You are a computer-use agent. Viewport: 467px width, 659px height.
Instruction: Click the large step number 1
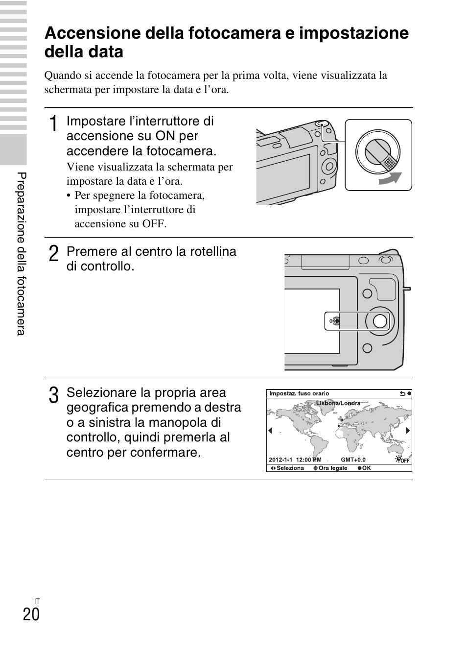pyautogui.click(x=54, y=124)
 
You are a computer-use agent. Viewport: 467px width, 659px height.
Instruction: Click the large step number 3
pyautogui.click(x=54, y=395)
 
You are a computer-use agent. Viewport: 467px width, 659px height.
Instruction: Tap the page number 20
pyautogui.click(x=31, y=613)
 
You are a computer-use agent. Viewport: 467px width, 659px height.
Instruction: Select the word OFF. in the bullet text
pyautogui.click(x=155, y=224)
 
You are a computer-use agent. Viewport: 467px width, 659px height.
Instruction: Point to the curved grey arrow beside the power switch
pyautogui.click(x=390, y=179)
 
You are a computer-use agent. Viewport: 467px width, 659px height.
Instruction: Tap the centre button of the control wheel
pyautogui.click(x=379, y=321)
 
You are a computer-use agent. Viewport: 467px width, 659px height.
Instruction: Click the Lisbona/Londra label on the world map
pyautogui.click(x=338, y=403)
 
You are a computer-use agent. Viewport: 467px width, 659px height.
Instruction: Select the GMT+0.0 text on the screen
pyautogui.click(x=353, y=460)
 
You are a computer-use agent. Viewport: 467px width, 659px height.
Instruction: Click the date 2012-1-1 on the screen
pyautogui.click(x=280, y=460)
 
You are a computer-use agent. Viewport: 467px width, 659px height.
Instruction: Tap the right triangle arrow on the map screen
pyautogui.click(x=407, y=431)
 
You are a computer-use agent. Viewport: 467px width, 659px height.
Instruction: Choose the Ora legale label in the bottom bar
pyautogui.click(x=332, y=468)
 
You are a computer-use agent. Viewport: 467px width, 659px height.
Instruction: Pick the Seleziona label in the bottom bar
pyautogui.click(x=290, y=468)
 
